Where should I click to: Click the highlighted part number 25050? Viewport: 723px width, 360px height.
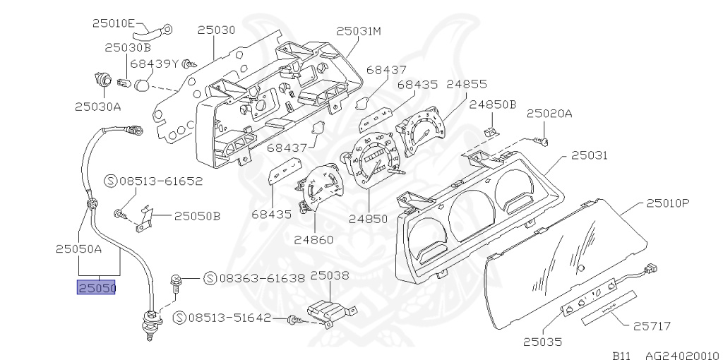[x=97, y=288]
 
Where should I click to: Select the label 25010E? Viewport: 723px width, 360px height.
[x=113, y=23]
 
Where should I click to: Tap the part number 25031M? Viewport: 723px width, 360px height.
[x=358, y=31]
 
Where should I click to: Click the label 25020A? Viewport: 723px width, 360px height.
[x=549, y=113]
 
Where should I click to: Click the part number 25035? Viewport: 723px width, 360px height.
[x=542, y=343]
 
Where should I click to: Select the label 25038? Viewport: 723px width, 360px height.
[x=330, y=275]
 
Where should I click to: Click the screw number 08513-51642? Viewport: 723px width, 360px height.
[x=229, y=318]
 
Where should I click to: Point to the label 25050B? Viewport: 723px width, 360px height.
[x=197, y=216]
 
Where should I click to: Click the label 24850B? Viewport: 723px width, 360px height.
[x=493, y=104]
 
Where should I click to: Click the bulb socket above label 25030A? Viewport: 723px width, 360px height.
[x=102, y=79]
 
